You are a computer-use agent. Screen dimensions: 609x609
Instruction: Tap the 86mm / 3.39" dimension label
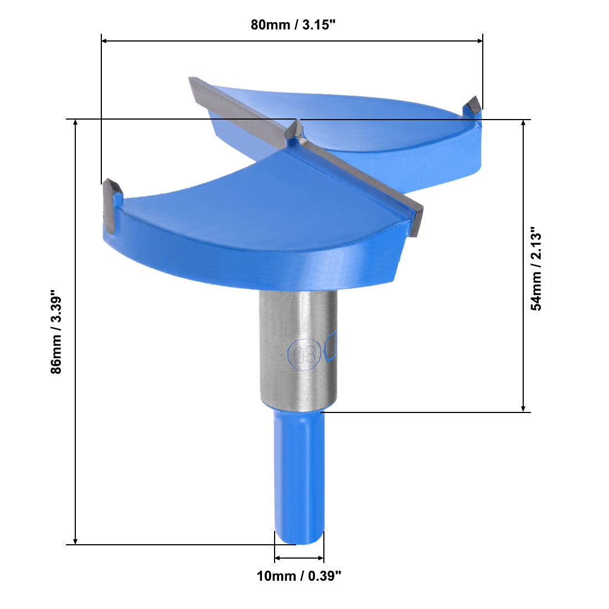(x=56, y=332)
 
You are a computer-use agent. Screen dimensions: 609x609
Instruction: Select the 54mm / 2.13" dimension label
(x=536, y=268)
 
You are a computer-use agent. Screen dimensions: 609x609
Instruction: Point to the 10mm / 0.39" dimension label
(x=299, y=576)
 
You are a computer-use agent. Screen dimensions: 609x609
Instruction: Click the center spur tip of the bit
(x=297, y=126)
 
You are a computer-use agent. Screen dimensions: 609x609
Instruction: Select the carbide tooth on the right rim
(x=473, y=106)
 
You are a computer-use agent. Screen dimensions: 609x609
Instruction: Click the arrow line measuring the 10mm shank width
(x=299, y=558)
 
